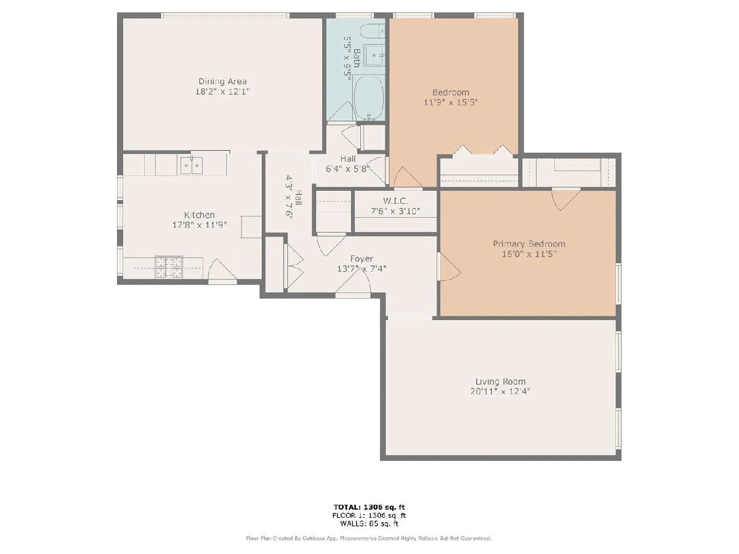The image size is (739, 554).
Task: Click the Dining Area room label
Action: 222,81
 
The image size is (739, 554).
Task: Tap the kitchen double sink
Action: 192,166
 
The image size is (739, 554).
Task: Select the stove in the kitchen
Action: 168,267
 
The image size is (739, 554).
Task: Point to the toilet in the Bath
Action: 372,31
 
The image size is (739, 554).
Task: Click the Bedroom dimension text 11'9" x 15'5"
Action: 451,102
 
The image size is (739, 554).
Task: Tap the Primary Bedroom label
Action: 529,244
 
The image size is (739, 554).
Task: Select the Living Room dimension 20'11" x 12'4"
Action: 500,391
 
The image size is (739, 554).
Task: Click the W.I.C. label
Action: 395,201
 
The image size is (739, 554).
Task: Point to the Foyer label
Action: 361,259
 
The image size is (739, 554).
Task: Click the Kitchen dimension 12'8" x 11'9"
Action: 200,225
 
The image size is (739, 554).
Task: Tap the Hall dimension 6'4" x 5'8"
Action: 348,169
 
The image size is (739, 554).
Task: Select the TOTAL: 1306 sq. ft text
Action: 369,507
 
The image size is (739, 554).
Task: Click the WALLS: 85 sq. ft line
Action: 369,524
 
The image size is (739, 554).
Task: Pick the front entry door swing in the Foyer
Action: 353,283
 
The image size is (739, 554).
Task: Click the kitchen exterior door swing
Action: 221,270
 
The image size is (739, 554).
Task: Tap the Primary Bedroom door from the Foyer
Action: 449,267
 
